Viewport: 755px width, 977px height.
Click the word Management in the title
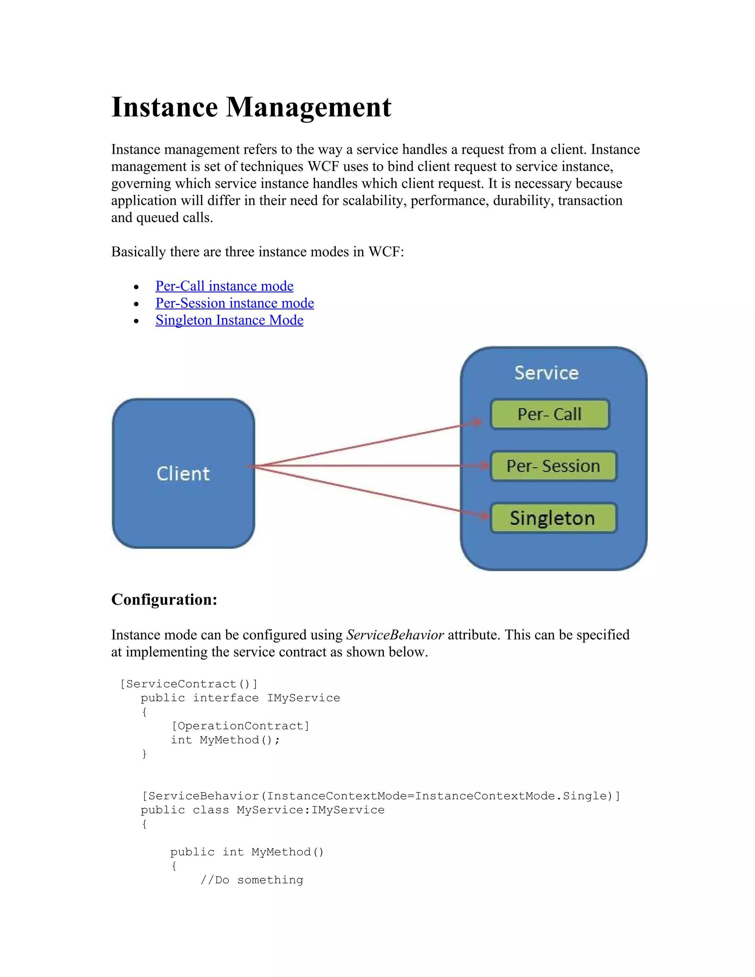(x=309, y=107)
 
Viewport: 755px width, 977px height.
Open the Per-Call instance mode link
(x=224, y=286)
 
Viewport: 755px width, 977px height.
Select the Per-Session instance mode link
(x=234, y=303)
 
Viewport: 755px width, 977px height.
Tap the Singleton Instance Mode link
(x=229, y=320)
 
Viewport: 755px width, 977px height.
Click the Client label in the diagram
(x=183, y=473)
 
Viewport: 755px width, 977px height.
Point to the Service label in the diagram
(x=546, y=373)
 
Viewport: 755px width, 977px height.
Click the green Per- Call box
(x=550, y=414)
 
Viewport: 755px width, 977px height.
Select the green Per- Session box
(x=553, y=466)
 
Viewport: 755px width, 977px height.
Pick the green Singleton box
(x=553, y=518)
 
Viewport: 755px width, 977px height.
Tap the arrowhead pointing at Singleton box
(x=485, y=516)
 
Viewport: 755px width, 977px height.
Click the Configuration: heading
(x=164, y=599)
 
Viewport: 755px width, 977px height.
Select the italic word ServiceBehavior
(x=395, y=635)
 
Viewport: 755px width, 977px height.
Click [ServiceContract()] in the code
(x=189, y=684)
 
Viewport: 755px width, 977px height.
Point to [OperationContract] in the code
(x=240, y=726)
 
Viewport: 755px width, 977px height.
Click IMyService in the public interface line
(x=303, y=698)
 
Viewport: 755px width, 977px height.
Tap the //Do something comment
(x=252, y=880)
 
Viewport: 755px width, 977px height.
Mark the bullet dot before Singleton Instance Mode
(x=136, y=321)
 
